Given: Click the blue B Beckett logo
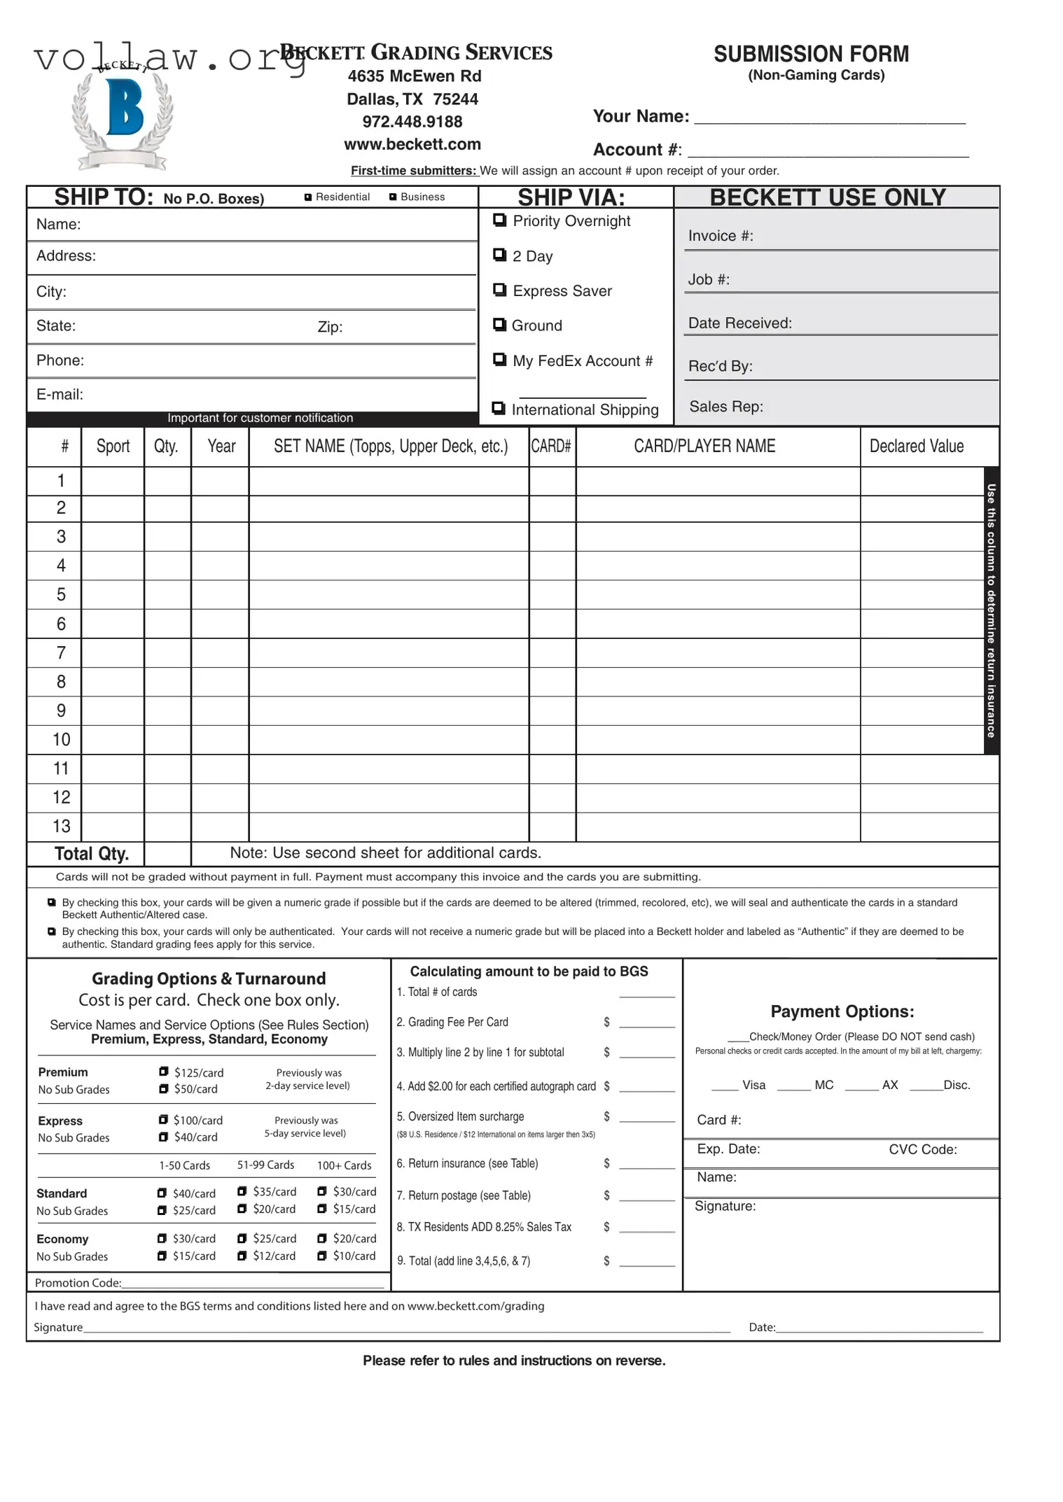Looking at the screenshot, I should point(124,108).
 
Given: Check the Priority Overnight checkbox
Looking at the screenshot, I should point(499,220).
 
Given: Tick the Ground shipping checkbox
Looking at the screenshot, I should point(499,325).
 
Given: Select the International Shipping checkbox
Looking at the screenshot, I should point(499,408).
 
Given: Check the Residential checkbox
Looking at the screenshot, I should point(308,197).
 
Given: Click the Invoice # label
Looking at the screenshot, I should point(721,236).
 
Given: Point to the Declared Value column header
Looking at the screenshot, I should point(916,446).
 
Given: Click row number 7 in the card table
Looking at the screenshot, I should point(61,653).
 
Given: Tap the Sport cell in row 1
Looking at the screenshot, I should point(113,481).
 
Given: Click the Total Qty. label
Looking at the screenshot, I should point(92,854).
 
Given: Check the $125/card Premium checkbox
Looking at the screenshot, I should point(164,1072).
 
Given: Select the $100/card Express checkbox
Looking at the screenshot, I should point(163,1120).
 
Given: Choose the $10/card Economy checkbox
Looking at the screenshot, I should point(322,1256).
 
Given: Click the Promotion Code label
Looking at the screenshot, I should point(78,1283).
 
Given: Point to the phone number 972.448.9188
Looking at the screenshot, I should point(412,122).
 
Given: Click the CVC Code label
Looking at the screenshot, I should point(922,1149).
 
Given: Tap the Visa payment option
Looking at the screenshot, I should point(753,1085).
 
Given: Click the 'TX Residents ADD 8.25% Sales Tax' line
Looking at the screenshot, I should point(484,1227).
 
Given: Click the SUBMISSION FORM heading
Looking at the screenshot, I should point(811,54).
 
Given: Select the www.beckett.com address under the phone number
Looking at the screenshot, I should point(412,144).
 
